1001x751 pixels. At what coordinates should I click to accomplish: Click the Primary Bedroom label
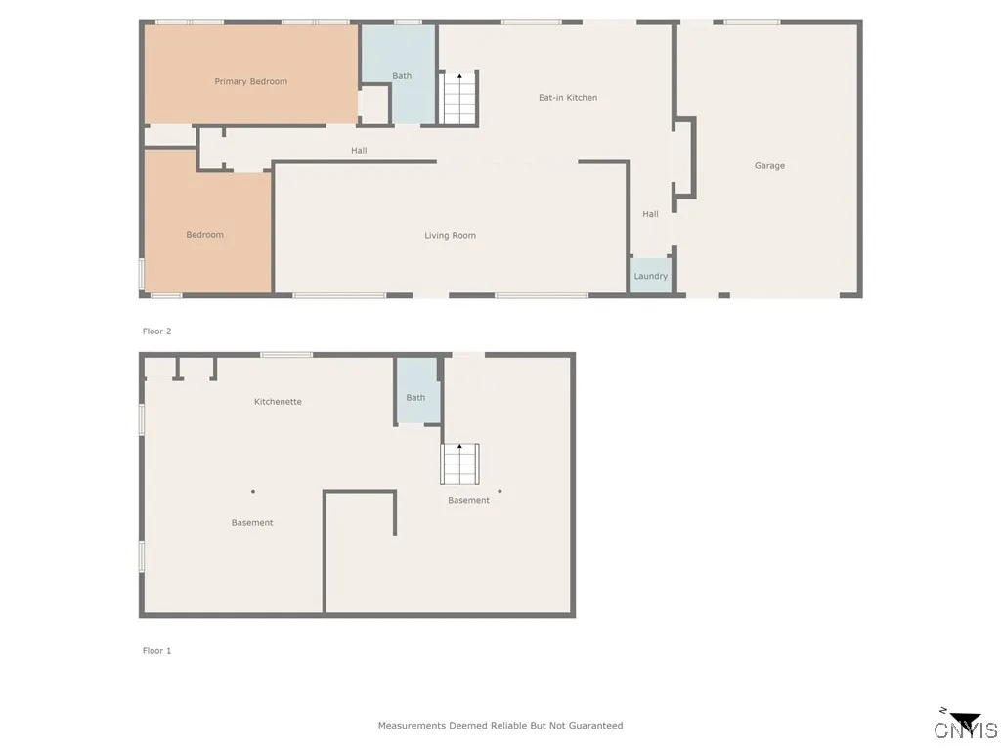click(x=251, y=82)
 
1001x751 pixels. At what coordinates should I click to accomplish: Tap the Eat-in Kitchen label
click(x=568, y=98)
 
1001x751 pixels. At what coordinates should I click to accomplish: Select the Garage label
click(x=769, y=166)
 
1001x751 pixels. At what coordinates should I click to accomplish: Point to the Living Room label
click(x=450, y=236)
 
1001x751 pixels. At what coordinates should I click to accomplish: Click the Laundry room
click(x=650, y=276)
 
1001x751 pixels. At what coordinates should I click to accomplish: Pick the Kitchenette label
click(x=278, y=402)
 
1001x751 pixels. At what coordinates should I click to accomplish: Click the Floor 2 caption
click(x=156, y=331)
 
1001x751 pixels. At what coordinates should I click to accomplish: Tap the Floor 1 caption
click(x=156, y=651)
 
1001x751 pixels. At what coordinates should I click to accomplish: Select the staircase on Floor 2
click(x=459, y=99)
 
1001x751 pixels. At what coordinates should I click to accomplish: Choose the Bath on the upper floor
click(x=402, y=76)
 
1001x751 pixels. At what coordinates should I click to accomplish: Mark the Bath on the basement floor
click(x=415, y=398)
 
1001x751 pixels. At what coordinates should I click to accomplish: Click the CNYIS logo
click(x=966, y=727)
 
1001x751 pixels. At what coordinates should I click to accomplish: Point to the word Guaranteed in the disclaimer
click(x=592, y=726)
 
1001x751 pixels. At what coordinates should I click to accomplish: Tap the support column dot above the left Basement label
click(x=252, y=492)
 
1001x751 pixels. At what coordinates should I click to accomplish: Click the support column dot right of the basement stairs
click(x=500, y=492)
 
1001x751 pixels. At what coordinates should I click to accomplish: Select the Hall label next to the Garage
click(x=650, y=214)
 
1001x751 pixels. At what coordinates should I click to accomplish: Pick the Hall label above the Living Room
click(x=359, y=151)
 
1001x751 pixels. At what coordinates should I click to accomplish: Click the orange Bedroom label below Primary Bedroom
click(x=205, y=235)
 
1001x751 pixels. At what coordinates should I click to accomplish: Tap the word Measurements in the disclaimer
click(x=412, y=726)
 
